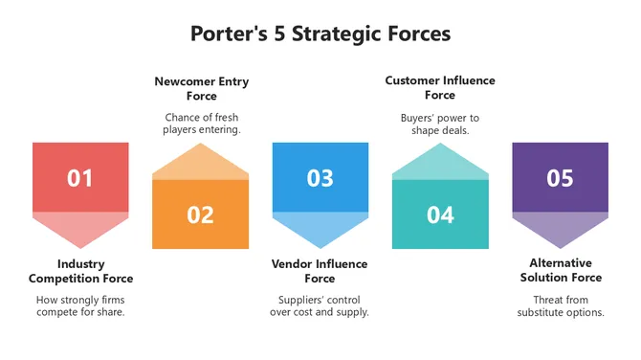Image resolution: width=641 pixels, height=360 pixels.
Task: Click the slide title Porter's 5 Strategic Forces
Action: (x=320, y=34)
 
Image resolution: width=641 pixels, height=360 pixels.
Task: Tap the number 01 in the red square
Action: (x=80, y=178)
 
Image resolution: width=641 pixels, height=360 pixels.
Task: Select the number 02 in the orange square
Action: (x=200, y=214)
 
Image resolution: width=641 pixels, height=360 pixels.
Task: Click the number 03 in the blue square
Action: (x=320, y=178)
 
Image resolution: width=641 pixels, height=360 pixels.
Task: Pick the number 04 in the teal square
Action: (x=440, y=214)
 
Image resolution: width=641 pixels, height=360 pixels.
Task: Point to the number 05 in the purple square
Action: (x=560, y=178)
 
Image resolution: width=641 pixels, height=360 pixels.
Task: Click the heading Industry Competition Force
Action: (x=80, y=271)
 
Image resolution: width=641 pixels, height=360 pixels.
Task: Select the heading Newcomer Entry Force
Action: (x=201, y=88)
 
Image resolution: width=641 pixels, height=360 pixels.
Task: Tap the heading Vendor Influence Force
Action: (x=320, y=271)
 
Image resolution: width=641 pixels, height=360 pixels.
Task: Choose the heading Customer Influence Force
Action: (x=440, y=87)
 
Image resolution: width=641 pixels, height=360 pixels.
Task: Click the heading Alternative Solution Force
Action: (x=561, y=270)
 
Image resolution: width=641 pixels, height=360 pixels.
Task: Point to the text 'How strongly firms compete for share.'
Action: (x=80, y=305)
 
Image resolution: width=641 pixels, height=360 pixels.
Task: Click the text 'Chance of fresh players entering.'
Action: (x=201, y=124)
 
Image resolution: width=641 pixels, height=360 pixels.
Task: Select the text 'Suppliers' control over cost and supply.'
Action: (x=320, y=305)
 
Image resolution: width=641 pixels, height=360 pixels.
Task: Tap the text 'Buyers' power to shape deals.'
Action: (x=440, y=124)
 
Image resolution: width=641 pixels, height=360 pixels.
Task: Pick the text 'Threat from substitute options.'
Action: (x=561, y=305)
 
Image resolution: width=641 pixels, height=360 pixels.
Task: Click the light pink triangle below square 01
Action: (x=80, y=227)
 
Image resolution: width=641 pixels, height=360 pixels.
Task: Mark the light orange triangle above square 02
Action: (x=200, y=164)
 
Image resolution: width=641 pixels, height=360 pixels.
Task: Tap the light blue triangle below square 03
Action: (x=320, y=227)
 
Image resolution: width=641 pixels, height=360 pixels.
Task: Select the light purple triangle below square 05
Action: (x=560, y=227)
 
